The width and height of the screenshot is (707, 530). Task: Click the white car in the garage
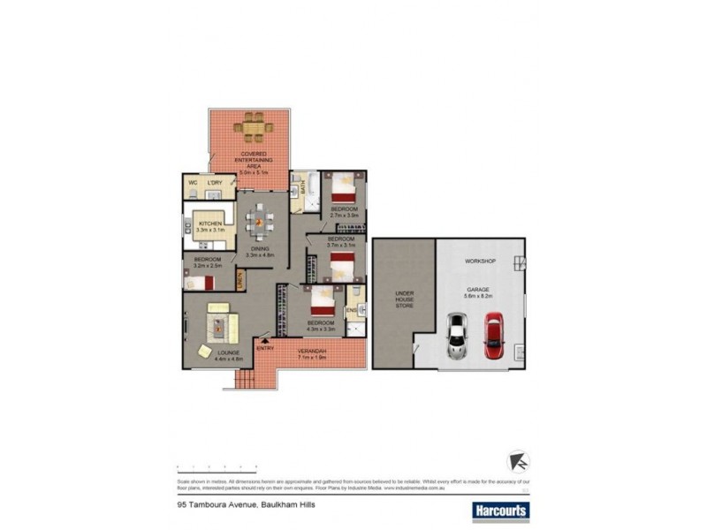coord(456,336)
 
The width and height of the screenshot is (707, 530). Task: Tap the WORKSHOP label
coord(480,261)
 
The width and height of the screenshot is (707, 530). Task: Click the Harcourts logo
coord(496,511)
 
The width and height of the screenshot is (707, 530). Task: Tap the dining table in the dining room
coord(259,222)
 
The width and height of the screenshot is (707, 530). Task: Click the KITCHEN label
coord(209,223)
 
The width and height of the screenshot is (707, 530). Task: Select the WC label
coord(193,183)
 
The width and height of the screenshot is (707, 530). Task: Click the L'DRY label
coord(214,183)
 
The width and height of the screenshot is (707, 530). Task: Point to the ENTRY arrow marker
coord(263,338)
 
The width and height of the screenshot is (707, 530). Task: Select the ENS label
coord(350,310)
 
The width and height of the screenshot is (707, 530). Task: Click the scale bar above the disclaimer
coord(217,466)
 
